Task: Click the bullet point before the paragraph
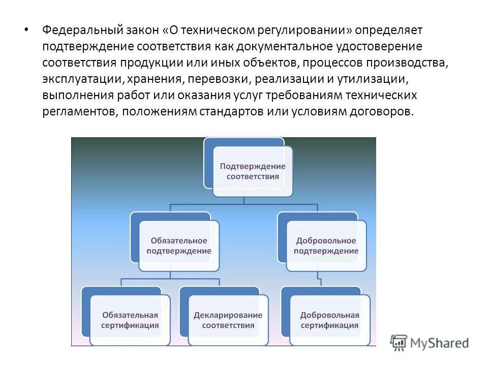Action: pos(26,29)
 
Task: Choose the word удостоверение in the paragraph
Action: pos(386,47)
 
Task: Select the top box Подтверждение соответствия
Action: pos(252,171)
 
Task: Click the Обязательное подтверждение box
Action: pos(178,245)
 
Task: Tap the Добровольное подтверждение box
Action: pos(326,245)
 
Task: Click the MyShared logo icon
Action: pos(399,343)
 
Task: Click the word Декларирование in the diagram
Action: pos(228,315)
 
